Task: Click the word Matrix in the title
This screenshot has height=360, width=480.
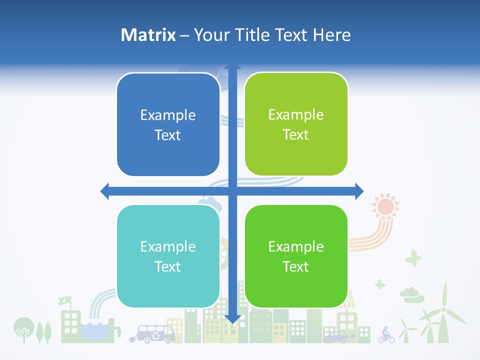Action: pyautogui.click(x=148, y=35)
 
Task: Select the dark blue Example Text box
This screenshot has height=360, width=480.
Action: pyautogui.click(x=168, y=125)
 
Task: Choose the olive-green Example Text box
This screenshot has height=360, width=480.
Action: pyautogui.click(x=296, y=124)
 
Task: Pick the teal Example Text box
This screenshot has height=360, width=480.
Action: pyautogui.click(x=168, y=256)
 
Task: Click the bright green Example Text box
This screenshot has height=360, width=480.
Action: pyautogui.click(x=296, y=256)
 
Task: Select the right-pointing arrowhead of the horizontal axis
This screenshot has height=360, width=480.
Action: pyautogui.click(x=358, y=191)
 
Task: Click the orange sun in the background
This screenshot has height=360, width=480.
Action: pyautogui.click(x=385, y=206)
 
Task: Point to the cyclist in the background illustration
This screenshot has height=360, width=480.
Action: pyautogui.click(x=386, y=335)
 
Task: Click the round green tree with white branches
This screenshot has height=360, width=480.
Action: pyautogui.click(x=22, y=328)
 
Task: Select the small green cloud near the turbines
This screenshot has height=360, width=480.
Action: pyautogui.click(x=411, y=295)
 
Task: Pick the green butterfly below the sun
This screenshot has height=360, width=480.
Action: pyautogui.click(x=413, y=258)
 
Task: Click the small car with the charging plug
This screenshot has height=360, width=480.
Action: pyautogui.click(x=335, y=337)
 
